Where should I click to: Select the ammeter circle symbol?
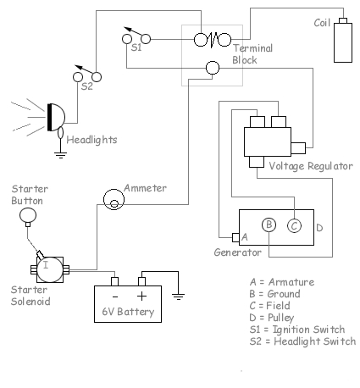tap(112, 200)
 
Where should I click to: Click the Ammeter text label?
tap(145, 187)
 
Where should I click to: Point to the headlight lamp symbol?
tap(56, 118)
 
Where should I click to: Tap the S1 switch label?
tap(136, 49)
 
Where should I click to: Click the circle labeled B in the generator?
tap(269, 224)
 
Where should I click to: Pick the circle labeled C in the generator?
tap(294, 224)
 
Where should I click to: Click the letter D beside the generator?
tap(319, 227)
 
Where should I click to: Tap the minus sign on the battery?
tap(114, 297)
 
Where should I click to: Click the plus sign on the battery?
tap(141, 297)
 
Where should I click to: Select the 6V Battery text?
tap(128, 312)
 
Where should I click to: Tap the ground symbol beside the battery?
tap(178, 296)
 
